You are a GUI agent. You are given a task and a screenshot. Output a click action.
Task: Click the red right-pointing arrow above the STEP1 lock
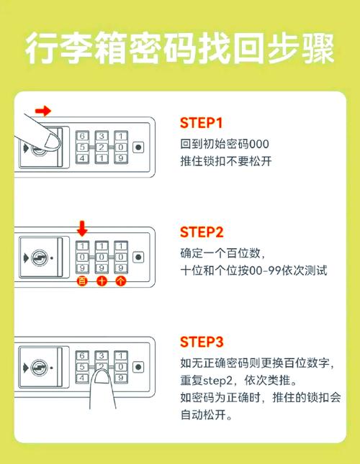(x=44, y=110)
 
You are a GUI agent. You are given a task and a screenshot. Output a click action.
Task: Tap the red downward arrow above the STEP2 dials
(x=81, y=229)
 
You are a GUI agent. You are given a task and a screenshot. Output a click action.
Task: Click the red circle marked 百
(x=82, y=281)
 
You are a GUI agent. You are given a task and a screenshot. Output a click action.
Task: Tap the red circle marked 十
(x=102, y=281)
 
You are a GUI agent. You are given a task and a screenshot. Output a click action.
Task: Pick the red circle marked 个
(x=121, y=281)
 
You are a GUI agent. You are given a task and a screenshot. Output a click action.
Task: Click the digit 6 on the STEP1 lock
(x=83, y=135)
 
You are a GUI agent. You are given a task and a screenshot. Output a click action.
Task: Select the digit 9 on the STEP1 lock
(x=121, y=158)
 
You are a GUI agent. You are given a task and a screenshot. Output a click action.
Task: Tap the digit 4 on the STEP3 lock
(x=83, y=377)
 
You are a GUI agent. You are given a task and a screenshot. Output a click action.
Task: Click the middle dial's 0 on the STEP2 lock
(x=102, y=257)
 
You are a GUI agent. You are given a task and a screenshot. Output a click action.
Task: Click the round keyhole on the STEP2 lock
(x=40, y=257)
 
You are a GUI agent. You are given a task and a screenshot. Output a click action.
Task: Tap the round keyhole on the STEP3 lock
(x=40, y=367)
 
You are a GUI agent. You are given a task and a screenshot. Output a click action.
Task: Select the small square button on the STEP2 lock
(x=138, y=257)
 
